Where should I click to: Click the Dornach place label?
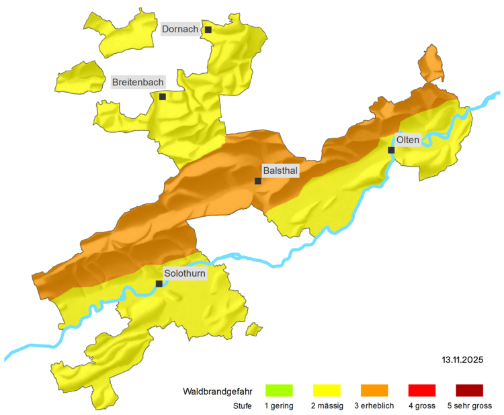click(180, 30)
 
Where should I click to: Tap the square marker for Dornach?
click(208, 30)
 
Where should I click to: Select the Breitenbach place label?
click(138, 82)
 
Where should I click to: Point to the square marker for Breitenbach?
click(162, 97)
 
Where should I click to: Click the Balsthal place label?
click(281, 171)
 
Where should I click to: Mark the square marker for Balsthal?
click(258, 181)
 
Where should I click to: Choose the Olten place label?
click(408, 140)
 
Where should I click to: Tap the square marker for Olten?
click(391, 150)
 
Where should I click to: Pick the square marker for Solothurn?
click(159, 283)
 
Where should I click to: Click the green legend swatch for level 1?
click(279, 390)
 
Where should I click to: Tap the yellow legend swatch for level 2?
click(327, 390)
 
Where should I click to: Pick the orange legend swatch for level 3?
click(374, 390)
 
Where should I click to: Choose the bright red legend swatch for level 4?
click(422, 390)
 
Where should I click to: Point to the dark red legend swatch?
click(469, 390)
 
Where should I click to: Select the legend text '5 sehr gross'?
click(469, 406)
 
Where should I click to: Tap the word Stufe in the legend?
click(243, 406)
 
